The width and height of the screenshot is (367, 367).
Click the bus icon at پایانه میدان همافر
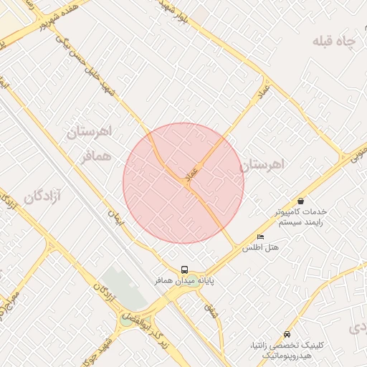click(x=185, y=270)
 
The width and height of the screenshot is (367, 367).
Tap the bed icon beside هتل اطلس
click(x=260, y=237)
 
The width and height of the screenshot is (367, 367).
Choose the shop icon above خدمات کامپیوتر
click(x=300, y=201)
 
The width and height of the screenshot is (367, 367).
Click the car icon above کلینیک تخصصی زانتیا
click(x=287, y=334)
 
